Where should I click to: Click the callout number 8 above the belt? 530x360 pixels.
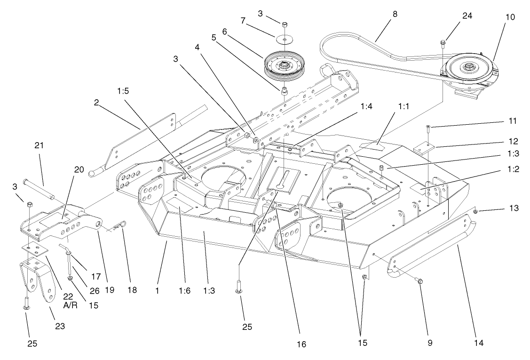(395, 14)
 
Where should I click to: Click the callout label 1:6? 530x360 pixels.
(182, 291)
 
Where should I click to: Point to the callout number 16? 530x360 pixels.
(301, 344)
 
